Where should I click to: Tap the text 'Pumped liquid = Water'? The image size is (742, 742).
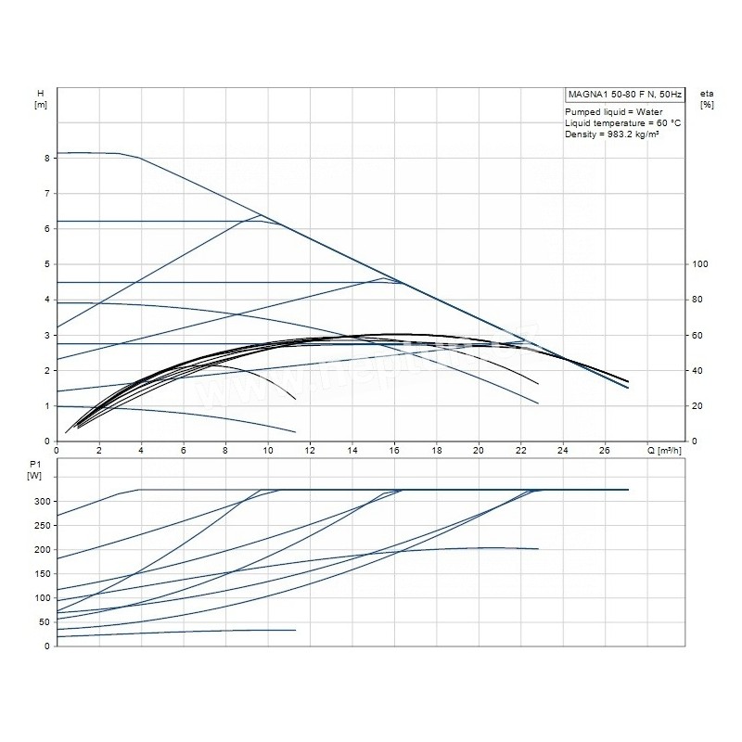[x=608, y=111]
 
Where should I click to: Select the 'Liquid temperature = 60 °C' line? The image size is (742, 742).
[x=623, y=123]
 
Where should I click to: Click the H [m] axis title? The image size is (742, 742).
[x=41, y=99]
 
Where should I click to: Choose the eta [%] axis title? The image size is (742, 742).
[x=708, y=99]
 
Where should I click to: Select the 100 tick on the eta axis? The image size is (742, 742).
[x=702, y=264]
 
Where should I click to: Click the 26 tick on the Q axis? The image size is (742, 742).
[x=605, y=451]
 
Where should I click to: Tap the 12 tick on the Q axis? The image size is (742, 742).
[x=310, y=451]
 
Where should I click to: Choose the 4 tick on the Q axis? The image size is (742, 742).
[x=141, y=451]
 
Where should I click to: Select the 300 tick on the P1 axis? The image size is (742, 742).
[x=41, y=502]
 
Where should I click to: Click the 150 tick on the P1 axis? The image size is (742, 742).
[x=41, y=574]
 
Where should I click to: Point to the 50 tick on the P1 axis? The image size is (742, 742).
[x=44, y=622]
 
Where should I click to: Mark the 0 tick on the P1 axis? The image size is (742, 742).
[x=46, y=646]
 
